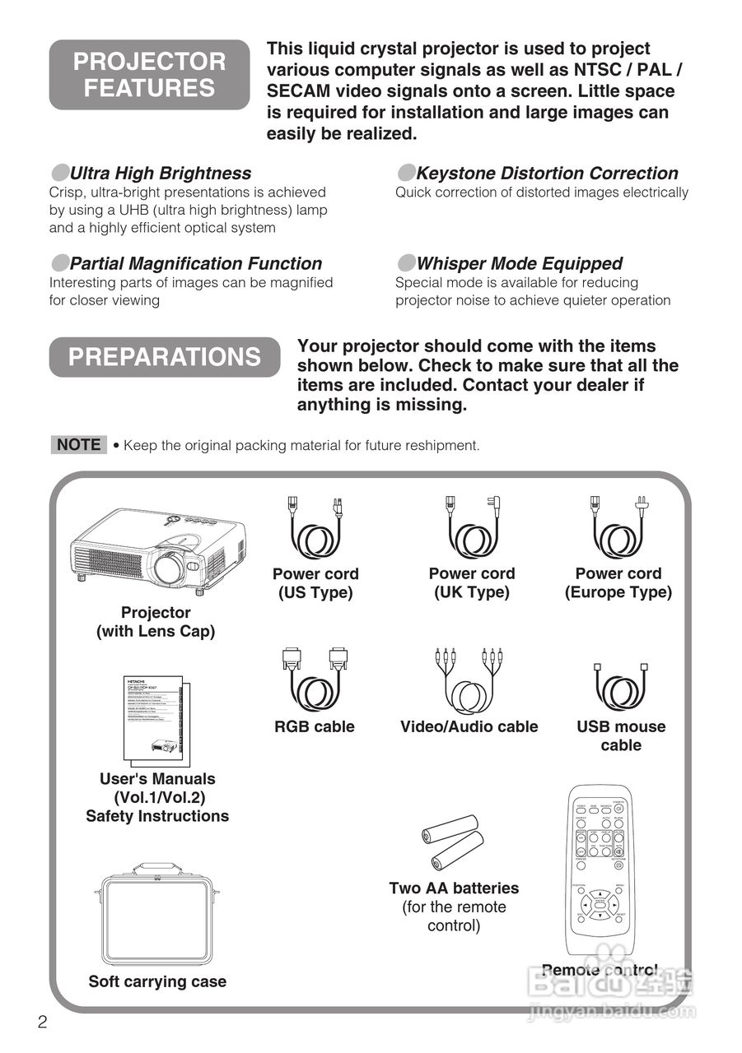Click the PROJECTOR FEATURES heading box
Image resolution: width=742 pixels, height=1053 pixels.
tap(149, 75)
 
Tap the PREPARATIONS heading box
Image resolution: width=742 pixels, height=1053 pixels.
tap(165, 357)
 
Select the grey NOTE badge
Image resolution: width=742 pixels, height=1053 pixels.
tap(79, 445)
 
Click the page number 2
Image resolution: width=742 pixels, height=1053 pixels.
tap(43, 1023)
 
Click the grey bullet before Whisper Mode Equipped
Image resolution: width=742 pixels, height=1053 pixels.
tap(405, 263)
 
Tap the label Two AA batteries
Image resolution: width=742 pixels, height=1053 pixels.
tap(454, 888)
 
